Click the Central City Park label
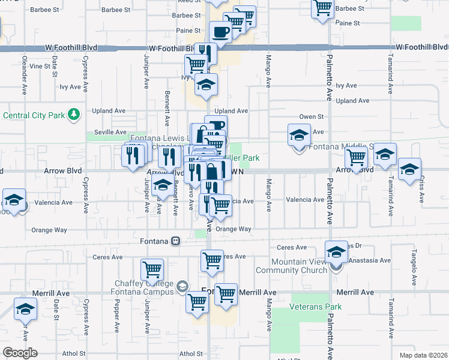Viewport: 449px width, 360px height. point(34,115)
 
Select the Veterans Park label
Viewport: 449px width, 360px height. point(315,307)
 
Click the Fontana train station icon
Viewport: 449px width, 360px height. point(176,241)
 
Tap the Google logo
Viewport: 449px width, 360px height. point(20,353)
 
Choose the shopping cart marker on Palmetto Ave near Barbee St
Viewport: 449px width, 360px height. point(323,8)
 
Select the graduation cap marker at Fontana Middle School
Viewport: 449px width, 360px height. point(299,136)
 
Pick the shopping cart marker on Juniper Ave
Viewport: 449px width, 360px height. point(152,270)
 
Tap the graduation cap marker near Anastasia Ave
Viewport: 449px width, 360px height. point(337,253)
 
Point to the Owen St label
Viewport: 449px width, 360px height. point(312,117)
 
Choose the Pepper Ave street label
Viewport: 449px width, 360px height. point(116,309)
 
